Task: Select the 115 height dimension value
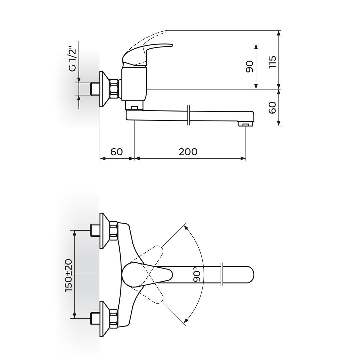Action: pyautogui.click(x=272, y=62)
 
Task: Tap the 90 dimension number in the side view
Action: pyautogui.click(x=250, y=66)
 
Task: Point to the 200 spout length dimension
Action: pyautogui.click(x=188, y=152)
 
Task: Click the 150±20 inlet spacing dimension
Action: pyautogui.click(x=68, y=275)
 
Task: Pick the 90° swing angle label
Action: pyautogui.click(x=197, y=274)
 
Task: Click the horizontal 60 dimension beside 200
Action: pyautogui.click(x=117, y=152)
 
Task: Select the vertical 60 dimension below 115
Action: pyautogui.click(x=272, y=107)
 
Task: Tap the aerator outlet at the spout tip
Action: pyautogui.click(x=246, y=124)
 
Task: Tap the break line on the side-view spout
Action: pyautogui.click(x=188, y=115)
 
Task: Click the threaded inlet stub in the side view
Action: pyautogui.click(x=95, y=89)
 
